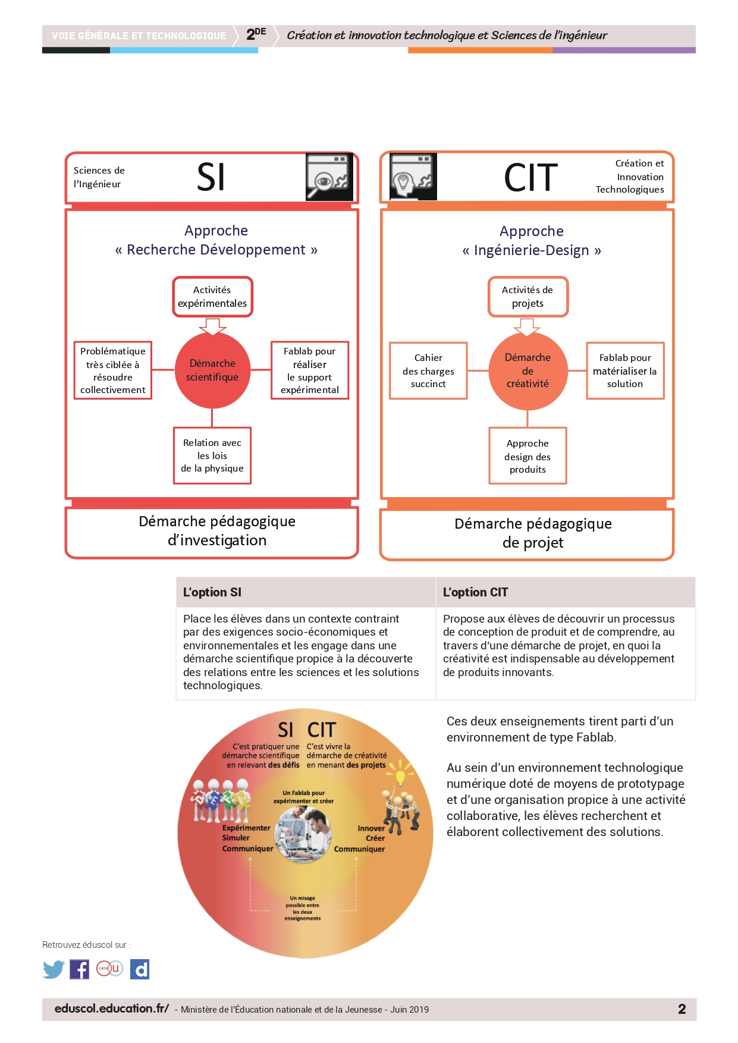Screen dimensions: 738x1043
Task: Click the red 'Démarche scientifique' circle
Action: point(212,370)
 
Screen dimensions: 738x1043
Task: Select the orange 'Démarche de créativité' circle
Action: point(527,370)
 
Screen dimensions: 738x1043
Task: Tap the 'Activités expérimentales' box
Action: point(212,297)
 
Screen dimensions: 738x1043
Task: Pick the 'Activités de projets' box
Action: point(528,297)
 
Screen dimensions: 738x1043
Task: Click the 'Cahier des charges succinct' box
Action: point(428,370)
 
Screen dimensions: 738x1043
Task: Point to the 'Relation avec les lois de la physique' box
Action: point(212,455)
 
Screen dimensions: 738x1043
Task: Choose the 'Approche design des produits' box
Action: point(527,456)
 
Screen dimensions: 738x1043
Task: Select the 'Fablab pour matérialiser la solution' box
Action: point(625,370)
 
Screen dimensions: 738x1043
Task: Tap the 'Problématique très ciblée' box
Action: point(113,370)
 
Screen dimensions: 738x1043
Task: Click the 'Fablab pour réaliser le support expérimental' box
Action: point(310,370)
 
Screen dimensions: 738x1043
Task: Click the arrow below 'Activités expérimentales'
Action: point(212,326)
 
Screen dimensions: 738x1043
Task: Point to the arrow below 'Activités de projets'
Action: point(527,326)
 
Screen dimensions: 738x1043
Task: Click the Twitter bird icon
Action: point(54,969)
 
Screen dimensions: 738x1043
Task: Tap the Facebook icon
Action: point(79,969)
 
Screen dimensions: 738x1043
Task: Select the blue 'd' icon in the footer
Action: point(140,969)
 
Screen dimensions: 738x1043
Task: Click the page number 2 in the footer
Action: point(682,1009)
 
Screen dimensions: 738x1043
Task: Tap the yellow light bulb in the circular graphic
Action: point(400,774)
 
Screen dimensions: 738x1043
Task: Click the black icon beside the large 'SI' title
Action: point(329,177)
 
